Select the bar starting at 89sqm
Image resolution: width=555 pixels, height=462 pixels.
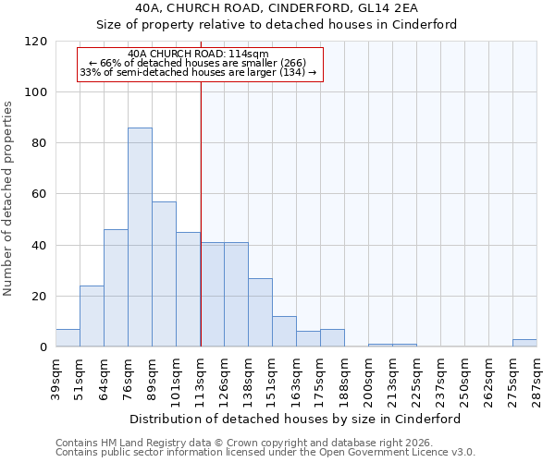164,274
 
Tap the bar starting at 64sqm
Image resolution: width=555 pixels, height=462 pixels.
116,288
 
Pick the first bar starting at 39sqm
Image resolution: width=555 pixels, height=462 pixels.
68,338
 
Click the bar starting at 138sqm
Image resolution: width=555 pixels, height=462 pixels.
260,312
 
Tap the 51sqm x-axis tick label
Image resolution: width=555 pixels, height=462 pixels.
80,376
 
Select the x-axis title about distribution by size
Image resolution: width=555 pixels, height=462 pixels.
295,419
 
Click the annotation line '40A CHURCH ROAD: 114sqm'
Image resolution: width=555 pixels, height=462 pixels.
199,54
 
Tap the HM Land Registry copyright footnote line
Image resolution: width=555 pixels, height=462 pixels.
249,443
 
